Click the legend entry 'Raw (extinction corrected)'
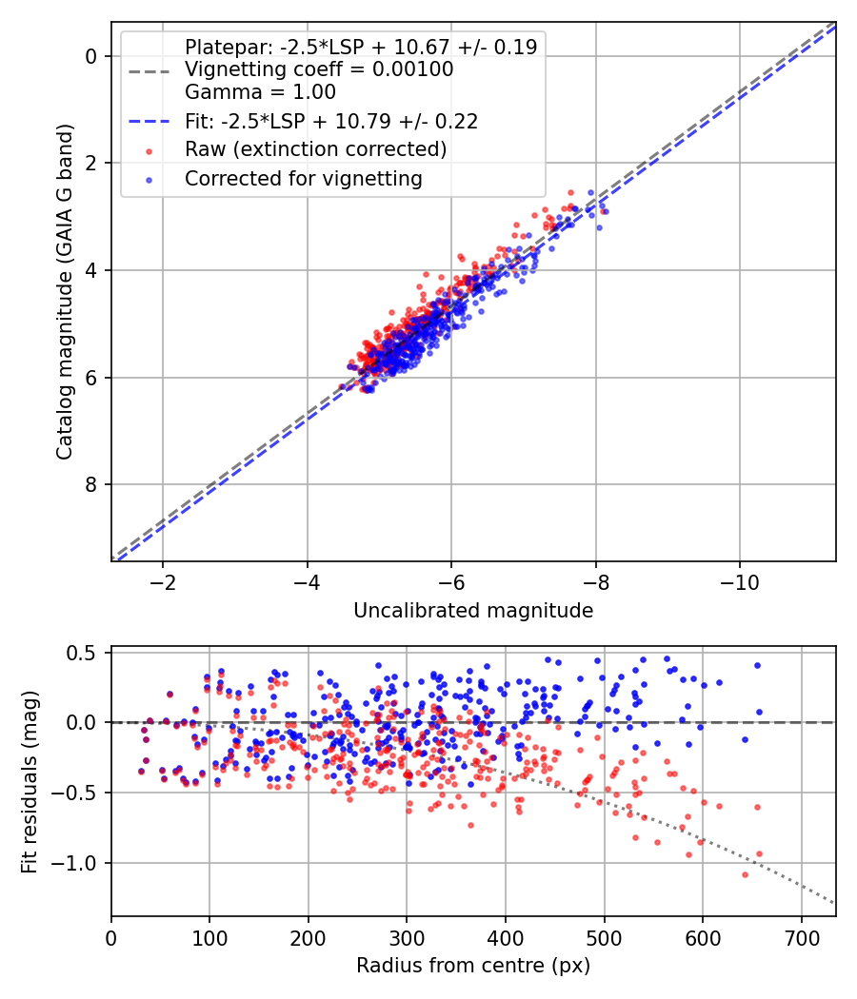315,149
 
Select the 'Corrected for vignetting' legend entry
303,178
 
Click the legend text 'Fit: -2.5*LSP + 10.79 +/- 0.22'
330,121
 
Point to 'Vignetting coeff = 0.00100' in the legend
319,69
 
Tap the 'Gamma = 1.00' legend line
260,93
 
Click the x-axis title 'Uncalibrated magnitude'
473,611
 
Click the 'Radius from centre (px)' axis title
473,966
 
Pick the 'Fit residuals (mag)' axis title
30,782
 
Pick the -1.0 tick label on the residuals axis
80,863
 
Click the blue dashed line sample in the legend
149,122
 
